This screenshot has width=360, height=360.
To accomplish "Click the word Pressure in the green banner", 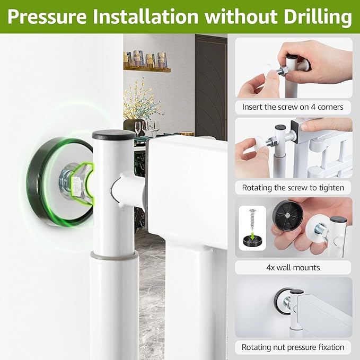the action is pos(47,16).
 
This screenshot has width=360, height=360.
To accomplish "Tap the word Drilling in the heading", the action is pos(318,17).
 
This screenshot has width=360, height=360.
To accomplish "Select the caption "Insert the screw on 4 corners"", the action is pos(293,107).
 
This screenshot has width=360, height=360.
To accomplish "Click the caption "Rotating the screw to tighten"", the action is pos(293,188).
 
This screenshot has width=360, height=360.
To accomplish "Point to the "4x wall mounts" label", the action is pos(293,267).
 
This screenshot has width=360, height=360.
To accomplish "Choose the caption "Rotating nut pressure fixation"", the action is pos(293,347).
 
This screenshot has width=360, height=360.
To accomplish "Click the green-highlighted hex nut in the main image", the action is pos(83,183).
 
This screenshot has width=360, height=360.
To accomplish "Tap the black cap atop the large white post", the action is pos(113,134).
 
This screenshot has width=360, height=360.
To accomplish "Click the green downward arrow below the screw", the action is pos(252,235).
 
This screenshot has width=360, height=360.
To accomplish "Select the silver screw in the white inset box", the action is pos(252,219).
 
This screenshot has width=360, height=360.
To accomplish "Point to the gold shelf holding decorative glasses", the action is pos(147,69).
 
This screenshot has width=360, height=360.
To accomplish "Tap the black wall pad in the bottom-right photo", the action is pos(281,300).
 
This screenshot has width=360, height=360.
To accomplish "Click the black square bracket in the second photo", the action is pos(296,131).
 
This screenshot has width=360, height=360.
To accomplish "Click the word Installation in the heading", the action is pos(146,16).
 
